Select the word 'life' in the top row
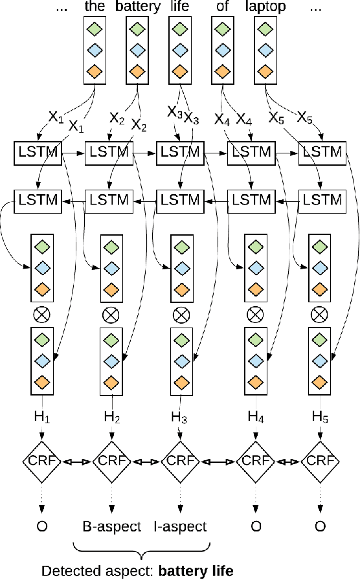coord(179,8)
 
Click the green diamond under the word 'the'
coord(95,29)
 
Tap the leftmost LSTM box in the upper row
coord(36,153)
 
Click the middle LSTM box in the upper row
coord(179,153)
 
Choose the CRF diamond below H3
coord(180,462)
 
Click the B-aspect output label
coord(111,526)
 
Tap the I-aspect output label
coord(181,526)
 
